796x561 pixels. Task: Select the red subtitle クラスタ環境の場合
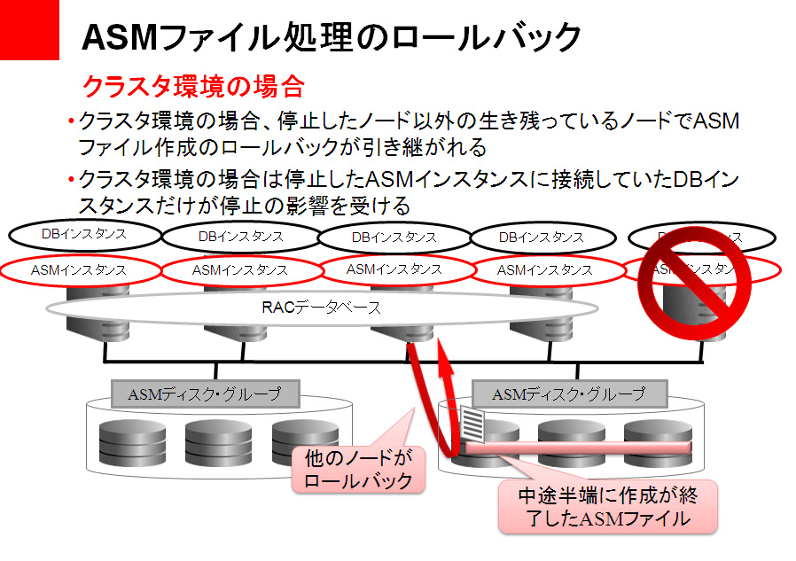192,86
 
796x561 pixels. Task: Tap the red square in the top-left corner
28,28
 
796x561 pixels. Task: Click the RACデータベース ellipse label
321,308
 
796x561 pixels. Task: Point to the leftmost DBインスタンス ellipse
83,235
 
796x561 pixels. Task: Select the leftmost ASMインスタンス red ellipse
78,269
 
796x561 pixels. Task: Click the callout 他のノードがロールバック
357,470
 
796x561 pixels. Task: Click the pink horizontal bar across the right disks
576,448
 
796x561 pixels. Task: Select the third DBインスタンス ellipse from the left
394,237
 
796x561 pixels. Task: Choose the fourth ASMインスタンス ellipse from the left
544,269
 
